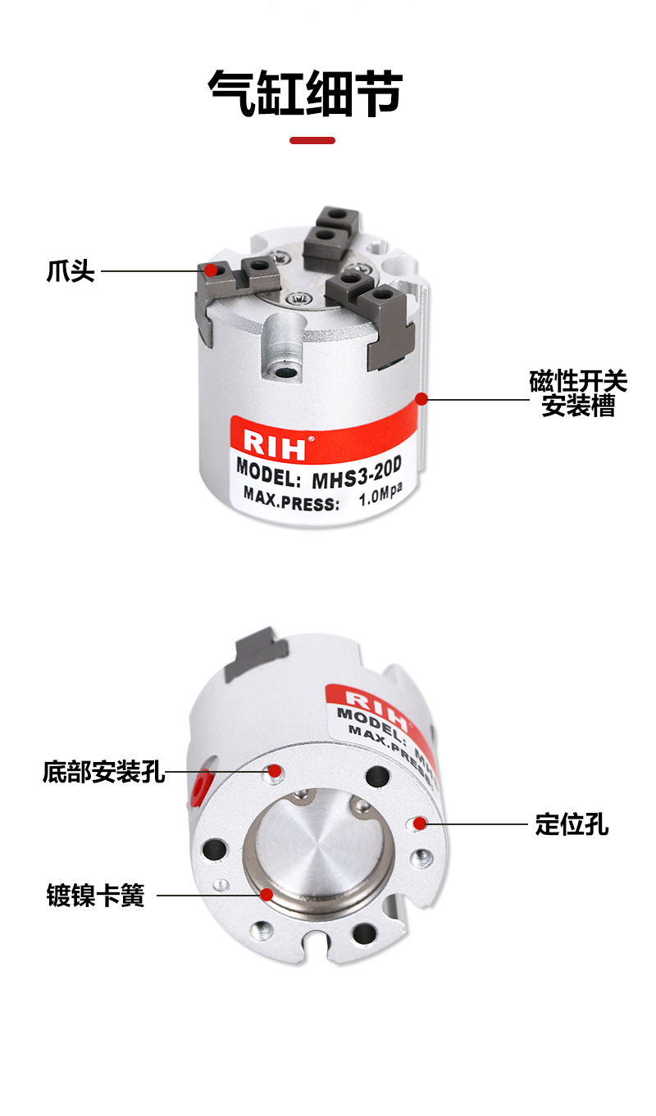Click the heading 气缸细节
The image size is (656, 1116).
[x=305, y=93]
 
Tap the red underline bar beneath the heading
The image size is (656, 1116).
[x=312, y=140]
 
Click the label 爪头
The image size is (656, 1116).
[x=71, y=271]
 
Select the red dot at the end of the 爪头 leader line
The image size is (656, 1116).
[x=211, y=270]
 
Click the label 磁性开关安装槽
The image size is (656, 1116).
[x=578, y=393]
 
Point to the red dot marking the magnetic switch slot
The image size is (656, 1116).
[x=421, y=398]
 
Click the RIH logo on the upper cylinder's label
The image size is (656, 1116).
[x=275, y=443]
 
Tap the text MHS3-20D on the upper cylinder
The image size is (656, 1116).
[x=357, y=474]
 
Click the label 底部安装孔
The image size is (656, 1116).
[x=103, y=772]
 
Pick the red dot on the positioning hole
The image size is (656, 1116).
[x=420, y=823]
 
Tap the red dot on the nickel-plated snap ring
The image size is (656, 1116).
[x=267, y=895]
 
